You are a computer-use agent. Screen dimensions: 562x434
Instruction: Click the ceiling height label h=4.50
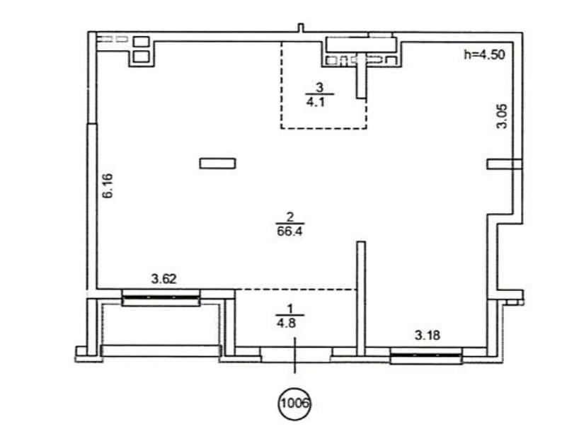coord(485,55)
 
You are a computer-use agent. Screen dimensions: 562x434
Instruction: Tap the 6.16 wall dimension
coord(107,185)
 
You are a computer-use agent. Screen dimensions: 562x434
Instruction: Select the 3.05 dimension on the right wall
coord(502,116)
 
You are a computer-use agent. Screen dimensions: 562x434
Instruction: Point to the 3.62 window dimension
coord(164,279)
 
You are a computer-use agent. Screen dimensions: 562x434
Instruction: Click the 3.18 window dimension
coord(428,336)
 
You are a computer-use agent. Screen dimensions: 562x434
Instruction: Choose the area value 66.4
coord(289,231)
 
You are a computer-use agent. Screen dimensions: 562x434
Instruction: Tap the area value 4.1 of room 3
coord(316,102)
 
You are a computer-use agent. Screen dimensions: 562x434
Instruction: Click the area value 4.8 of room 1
coord(286,324)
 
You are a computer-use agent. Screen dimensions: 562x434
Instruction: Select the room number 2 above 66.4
coord(290,217)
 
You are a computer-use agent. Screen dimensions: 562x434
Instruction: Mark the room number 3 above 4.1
coord(320,87)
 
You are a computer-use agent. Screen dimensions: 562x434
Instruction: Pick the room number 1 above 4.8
coord(290,309)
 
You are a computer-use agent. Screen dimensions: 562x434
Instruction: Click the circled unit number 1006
coord(294,404)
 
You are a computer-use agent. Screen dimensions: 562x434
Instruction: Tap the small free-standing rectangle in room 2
coord(217,164)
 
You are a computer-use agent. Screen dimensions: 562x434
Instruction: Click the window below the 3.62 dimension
coord(161,297)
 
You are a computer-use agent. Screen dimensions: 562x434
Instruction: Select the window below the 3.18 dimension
coord(426,355)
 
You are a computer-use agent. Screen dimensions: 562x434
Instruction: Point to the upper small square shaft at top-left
coord(141,42)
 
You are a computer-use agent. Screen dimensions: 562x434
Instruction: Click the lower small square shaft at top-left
coord(141,56)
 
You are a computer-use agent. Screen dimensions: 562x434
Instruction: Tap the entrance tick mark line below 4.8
coord(294,355)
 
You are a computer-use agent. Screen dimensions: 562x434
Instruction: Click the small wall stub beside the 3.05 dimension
coord(504,164)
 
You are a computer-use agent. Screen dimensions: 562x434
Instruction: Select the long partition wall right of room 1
coord(361,299)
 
